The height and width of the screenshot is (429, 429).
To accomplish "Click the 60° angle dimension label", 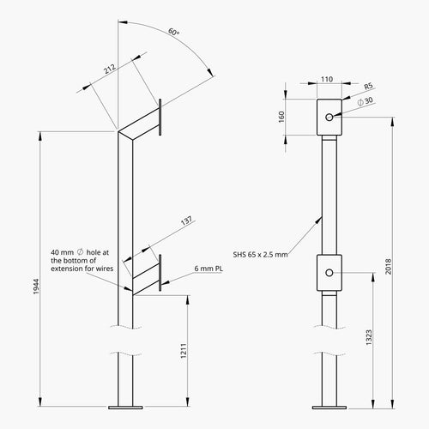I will (174, 32).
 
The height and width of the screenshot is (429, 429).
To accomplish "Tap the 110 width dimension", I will (326, 79).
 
